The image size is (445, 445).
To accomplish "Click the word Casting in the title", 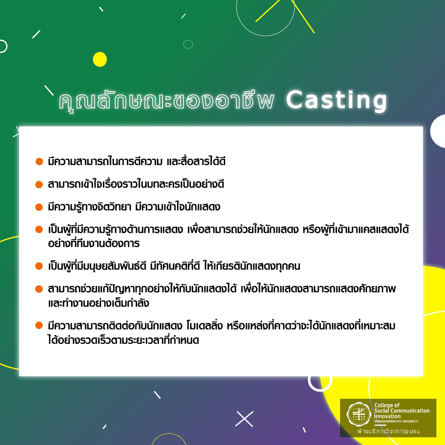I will [336, 101].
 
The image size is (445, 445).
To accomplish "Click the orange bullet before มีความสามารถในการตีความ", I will [39, 161].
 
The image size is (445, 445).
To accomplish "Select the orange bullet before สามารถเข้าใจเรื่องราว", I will [39, 183].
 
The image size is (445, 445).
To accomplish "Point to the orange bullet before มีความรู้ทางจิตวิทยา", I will [39, 207].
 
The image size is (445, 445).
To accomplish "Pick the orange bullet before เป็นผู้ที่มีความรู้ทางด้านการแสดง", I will [39, 230].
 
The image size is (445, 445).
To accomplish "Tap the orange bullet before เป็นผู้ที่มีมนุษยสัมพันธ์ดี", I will [39, 267].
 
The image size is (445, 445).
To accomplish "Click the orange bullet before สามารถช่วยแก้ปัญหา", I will [39, 290].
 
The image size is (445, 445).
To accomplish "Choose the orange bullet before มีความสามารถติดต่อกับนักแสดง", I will [39, 326].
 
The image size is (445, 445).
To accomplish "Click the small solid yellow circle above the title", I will [100, 59].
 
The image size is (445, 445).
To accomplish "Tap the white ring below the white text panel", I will [320, 382].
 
